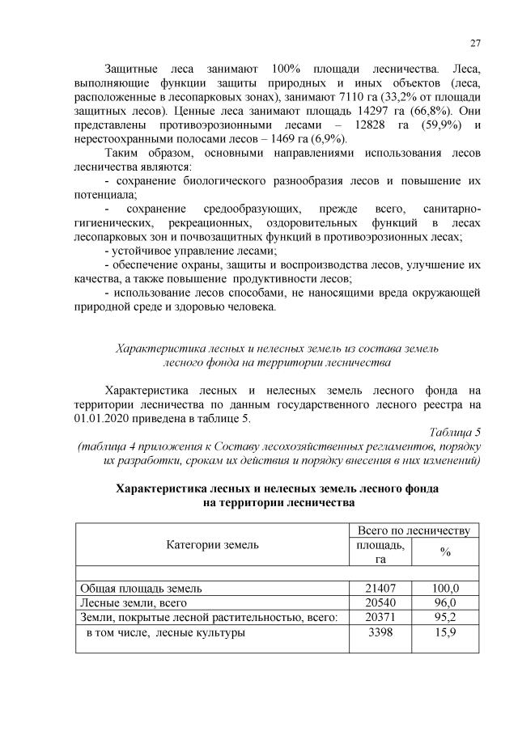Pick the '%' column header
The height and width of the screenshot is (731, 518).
(445, 551)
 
